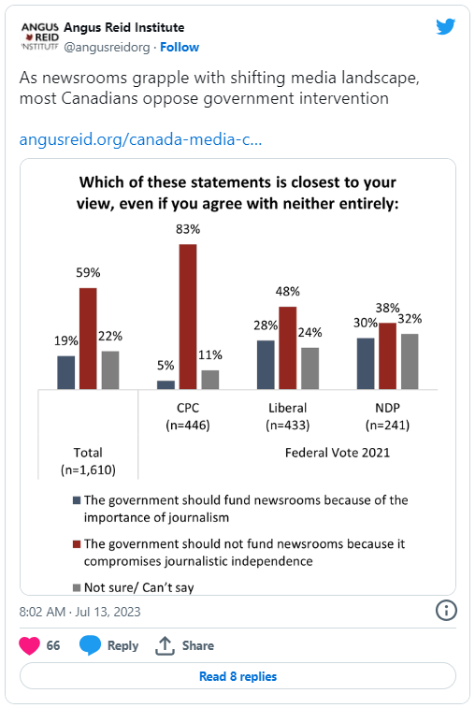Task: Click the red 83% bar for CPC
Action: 188,316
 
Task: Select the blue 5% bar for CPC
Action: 166,384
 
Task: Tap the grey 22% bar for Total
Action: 110,369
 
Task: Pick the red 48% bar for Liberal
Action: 288,348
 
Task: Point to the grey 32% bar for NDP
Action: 410,361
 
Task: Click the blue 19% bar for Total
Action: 66,372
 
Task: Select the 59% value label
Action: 88,273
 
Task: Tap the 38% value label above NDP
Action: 387,308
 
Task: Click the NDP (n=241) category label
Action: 387,416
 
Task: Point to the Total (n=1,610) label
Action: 88,461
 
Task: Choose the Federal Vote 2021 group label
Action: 338,453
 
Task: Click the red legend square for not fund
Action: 77,544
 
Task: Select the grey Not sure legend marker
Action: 77,587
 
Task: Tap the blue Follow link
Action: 180,47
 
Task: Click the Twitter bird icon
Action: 446,27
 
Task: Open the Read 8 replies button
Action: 237,676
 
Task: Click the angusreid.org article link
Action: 140,139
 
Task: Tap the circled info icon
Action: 446,611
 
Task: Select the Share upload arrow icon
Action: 165,645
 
